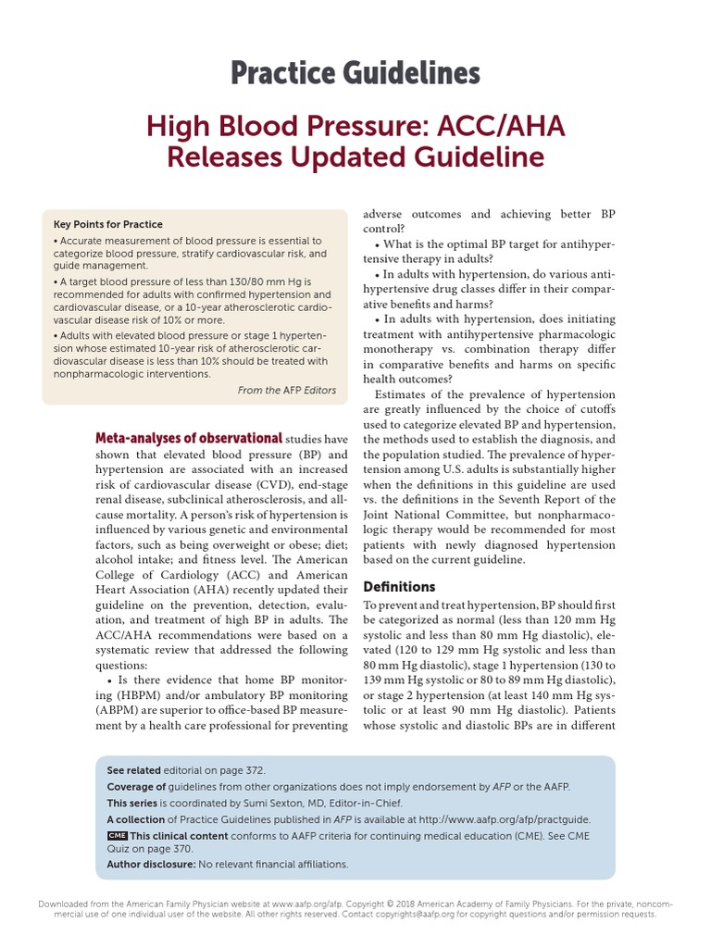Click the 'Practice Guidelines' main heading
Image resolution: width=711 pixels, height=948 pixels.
coord(355,72)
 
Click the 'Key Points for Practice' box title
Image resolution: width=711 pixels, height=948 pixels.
coord(108,224)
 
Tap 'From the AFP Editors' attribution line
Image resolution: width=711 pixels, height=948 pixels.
coord(287,391)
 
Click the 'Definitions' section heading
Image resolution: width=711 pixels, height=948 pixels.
coord(399,587)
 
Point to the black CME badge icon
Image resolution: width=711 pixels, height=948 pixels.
coord(117,835)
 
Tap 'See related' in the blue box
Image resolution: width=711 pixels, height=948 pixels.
coord(133,770)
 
